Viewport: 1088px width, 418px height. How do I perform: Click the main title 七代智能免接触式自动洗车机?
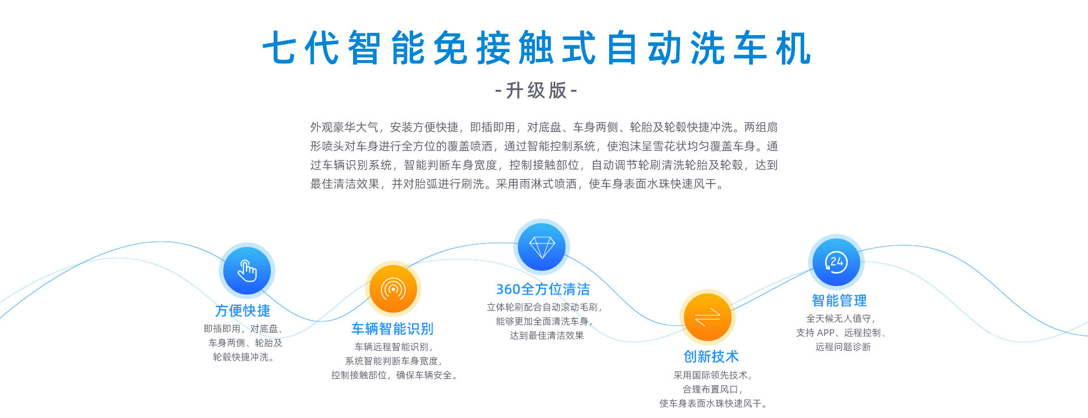537,48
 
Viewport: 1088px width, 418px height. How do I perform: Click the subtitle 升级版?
536,91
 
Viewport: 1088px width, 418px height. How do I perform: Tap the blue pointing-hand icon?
247,271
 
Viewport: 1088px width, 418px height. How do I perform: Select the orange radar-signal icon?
393,289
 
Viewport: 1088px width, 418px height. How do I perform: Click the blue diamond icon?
542,247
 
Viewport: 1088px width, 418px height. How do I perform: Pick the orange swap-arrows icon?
708,317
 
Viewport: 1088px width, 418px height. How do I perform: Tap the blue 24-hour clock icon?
836,262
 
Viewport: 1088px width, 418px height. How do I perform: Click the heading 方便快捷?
243,310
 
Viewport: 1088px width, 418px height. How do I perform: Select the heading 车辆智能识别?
392,329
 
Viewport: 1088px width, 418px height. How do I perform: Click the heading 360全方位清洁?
543,289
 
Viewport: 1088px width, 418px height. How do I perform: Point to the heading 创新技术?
711,356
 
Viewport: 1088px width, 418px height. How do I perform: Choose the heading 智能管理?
839,300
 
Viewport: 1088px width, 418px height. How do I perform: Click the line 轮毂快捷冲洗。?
244,357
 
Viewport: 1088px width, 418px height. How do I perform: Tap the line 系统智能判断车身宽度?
394,361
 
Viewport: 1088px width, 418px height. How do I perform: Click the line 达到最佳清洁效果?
547,335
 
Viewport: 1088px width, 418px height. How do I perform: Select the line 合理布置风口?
713,389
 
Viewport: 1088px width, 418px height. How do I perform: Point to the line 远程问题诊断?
843,347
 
